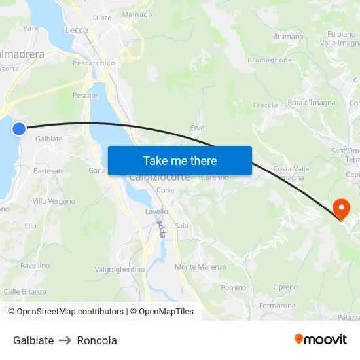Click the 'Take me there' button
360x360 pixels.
click(180, 160)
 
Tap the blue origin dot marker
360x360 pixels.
click(19, 129)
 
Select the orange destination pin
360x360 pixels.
click(342, 209)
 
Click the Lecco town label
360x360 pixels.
click(77, 30)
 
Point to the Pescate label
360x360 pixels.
click(85, 95)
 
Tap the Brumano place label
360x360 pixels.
click(288, 37)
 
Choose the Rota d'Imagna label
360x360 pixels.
click(312, 103)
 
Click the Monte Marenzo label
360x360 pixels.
click(200, 267)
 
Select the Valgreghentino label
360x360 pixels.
click(120, 269)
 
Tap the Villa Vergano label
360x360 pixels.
click(54, 201)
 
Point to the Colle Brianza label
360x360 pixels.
click(25, 291)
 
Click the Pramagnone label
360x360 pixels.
click(270, 60)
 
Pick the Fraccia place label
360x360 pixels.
click(265, 105)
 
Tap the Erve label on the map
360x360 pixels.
click(197, 128)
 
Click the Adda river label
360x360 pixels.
click(160, 228)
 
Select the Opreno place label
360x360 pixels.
click(285, 287)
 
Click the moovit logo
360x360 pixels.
click(320, 340)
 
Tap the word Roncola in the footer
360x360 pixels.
click(97, 340)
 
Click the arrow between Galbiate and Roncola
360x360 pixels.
click(65, 340)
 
